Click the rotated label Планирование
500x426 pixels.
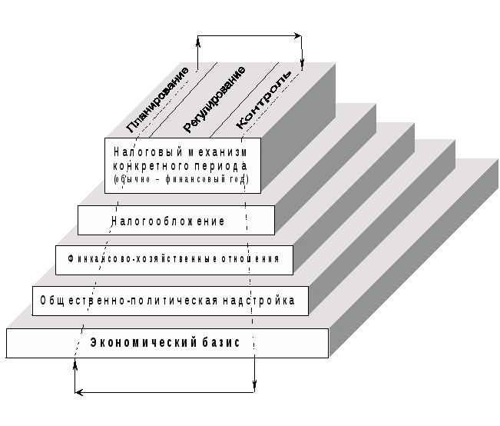[x=159, y=98]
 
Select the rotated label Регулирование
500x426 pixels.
[x=214, y=98]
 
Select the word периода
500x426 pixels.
[x=224, y=165]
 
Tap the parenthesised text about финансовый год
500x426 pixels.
[x=181, y=180]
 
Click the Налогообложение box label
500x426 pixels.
[x=168, y=221]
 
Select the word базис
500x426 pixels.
[x=224, y=343]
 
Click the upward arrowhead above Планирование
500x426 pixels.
[x=198, y=40]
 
